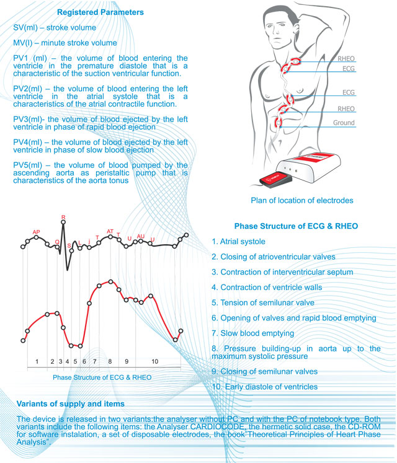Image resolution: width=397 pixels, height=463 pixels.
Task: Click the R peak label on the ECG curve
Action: (x=63, y=218)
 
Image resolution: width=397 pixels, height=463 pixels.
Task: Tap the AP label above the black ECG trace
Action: (x=36, y=232)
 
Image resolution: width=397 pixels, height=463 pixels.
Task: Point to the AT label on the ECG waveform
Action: (x=110, y=231)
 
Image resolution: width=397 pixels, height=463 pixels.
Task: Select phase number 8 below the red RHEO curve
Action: (x=110, y=360)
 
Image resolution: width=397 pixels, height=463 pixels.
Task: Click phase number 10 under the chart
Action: (x=154, y=360)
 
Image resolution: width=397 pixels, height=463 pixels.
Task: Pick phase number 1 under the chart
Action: (x=37, y=360)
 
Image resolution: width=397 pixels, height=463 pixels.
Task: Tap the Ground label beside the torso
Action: (x=344, y=123)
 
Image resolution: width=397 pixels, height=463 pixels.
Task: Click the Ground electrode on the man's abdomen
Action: (x=279, y=121)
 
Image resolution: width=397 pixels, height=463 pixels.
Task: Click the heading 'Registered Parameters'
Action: (x=100, y=12)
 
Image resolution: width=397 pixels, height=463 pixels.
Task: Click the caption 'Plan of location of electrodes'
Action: (x=301, y=200)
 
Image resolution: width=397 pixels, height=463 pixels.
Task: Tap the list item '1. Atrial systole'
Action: (x=238, y=242)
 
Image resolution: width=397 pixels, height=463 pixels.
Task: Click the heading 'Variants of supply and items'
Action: (x=71, y=404)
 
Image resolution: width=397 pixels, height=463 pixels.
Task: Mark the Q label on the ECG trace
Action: (x=57, y=242)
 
